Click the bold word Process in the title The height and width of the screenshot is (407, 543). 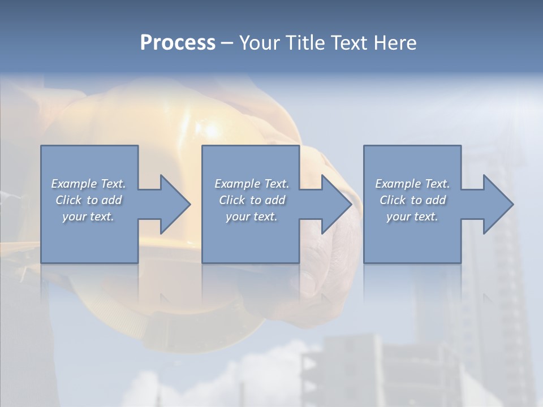178,43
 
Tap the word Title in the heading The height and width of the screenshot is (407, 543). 305,43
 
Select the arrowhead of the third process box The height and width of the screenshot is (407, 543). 497,204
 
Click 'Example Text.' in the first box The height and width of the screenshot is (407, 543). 89,184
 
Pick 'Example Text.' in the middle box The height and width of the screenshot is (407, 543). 252,184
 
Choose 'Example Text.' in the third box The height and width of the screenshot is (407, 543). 412,184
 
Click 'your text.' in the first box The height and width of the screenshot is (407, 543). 88,217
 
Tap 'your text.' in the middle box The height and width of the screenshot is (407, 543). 252,217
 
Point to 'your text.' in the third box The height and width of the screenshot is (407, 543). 412,217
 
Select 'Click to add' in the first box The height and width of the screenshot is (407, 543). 89,200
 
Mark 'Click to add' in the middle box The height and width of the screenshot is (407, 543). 252,200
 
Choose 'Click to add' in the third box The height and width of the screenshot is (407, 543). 412,200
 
